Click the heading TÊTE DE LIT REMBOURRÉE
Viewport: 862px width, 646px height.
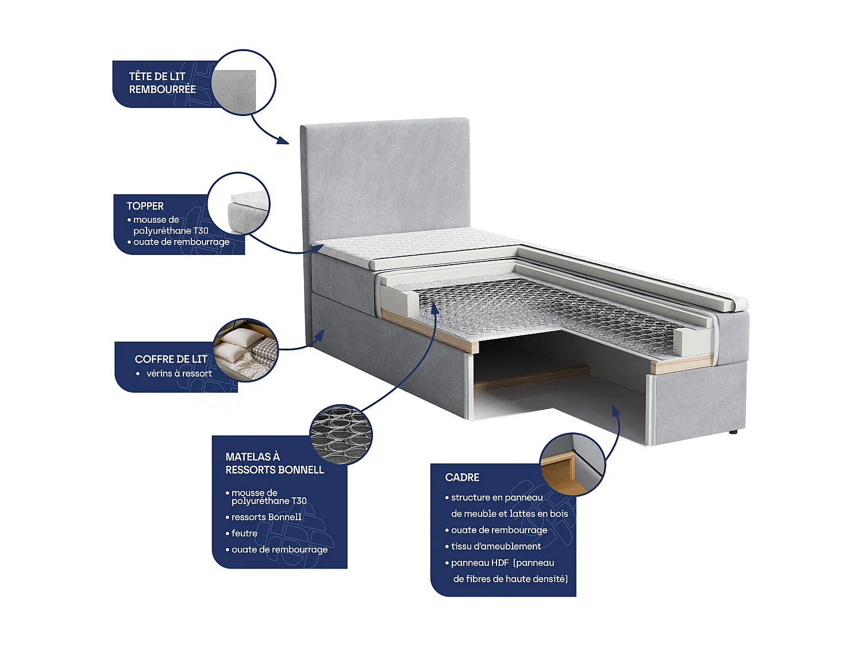(x=162, y=83)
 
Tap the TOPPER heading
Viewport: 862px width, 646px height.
(x=145, y=206)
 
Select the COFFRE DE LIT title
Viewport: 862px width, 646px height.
(x=171, y=359)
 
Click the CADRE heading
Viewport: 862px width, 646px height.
(x=462, y=477)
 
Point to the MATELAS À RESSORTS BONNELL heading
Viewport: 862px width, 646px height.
(x=274, y=463)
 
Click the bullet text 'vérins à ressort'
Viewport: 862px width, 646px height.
(x=179, y=374)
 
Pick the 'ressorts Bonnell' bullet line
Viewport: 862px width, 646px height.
(x=266, y=517)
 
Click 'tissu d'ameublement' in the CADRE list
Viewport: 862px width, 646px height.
(x=495, y=547)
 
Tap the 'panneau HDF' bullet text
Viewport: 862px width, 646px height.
(x=502, y=563)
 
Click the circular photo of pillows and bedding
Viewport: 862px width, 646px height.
(x=245, y=350)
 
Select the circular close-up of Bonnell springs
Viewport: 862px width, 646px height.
(x=341, y=435)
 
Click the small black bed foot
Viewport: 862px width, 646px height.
(x=734, y=431)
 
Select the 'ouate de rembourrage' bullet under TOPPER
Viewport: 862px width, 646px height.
(x=181, y=242)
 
